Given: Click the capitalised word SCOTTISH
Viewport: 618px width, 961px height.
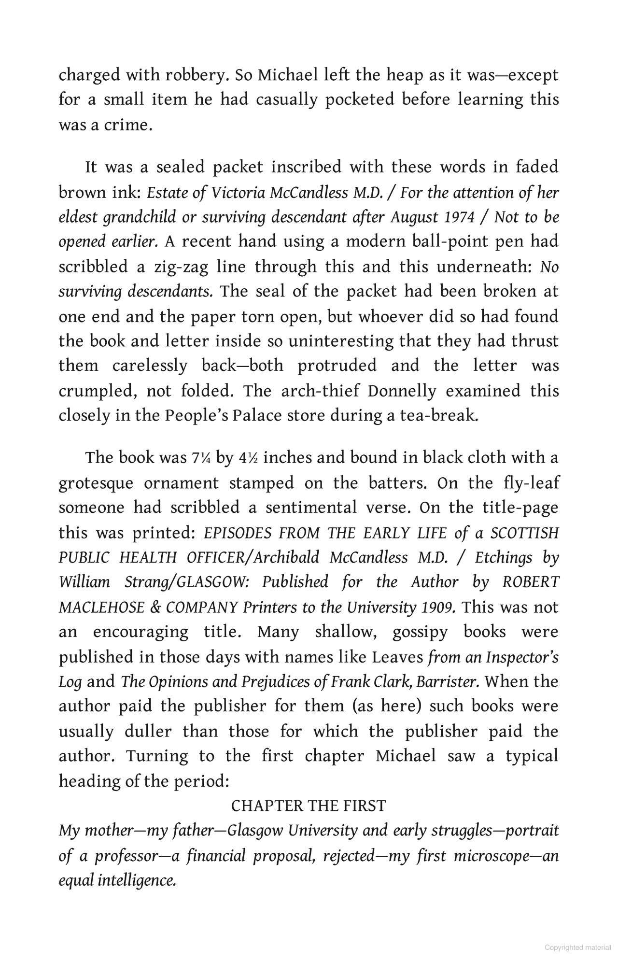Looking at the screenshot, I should click(x=524, y=533).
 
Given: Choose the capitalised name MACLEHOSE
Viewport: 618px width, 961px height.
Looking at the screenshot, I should click(x=101, y=608).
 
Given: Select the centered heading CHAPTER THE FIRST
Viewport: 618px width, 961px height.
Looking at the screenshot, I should click(x=309, y=806).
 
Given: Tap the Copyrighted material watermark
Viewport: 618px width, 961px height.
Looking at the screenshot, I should click(x=577, y=947).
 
